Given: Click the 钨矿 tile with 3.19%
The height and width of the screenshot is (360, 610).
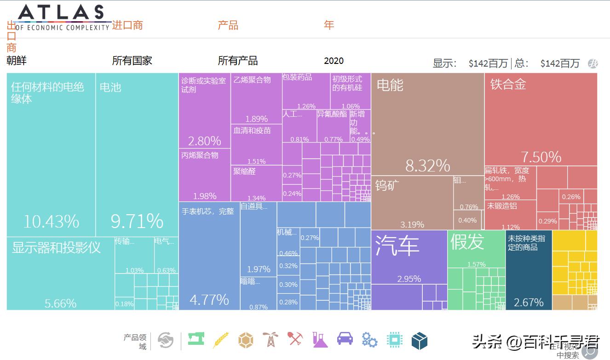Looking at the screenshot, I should click(x=412, y=203).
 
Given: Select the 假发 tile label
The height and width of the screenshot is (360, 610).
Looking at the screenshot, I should click(x=467, y=242).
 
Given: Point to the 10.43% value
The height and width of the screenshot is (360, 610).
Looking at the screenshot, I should click(x=51, y=222).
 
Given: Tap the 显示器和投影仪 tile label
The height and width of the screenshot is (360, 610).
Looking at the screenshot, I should click(x=56, y=247).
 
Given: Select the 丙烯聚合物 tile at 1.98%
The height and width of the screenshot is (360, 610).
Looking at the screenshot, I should click(x=204, y=175).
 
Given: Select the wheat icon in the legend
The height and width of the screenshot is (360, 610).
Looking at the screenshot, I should click(x=221, y=340).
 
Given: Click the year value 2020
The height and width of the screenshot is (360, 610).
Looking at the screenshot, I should click(x=334, y=61).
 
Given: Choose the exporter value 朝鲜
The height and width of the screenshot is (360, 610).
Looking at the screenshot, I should click(x=17, y=60).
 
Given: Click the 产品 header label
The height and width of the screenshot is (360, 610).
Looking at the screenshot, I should click(x=228, y=25).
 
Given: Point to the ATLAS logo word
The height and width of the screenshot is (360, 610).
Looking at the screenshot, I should click(x=61, y=12).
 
